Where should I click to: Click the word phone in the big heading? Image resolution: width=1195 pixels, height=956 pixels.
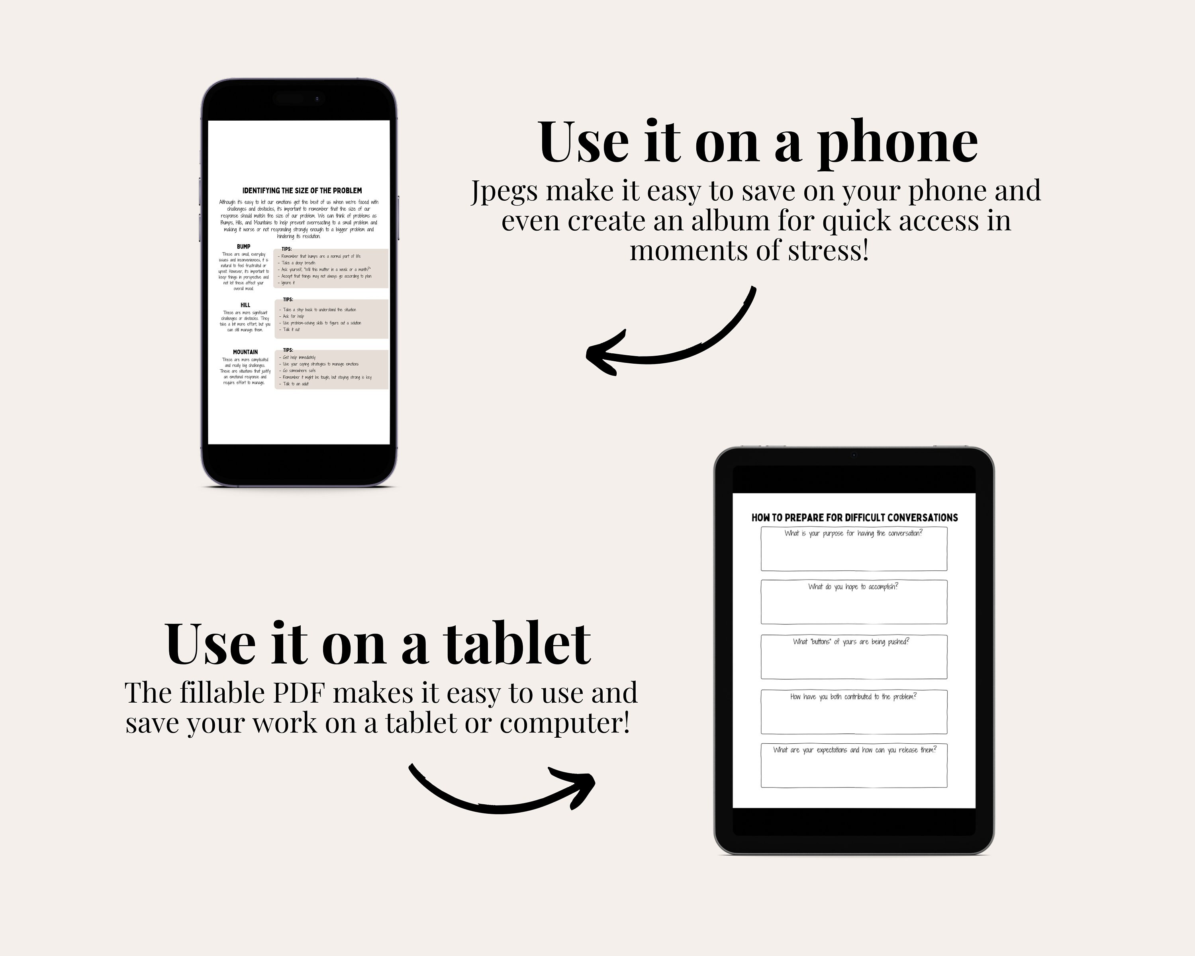(898, 143)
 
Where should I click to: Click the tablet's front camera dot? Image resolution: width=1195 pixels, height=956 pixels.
(854, 455)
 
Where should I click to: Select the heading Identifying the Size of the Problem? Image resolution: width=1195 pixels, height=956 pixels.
(302, 190)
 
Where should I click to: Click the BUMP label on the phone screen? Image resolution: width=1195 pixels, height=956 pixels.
(243, 247)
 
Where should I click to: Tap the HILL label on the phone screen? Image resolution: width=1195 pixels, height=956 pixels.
(245, 305)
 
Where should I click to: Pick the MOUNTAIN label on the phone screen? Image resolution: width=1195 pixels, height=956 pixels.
(245, 352)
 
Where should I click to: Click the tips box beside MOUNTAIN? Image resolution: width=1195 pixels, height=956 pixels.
(331, 370)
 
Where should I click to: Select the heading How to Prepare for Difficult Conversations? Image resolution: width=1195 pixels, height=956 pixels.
(854, 517)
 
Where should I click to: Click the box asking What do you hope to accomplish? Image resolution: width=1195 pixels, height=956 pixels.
(854, 602)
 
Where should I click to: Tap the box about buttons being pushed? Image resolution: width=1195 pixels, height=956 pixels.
(854, 657)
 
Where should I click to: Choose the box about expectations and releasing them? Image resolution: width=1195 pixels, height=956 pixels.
(854, 765)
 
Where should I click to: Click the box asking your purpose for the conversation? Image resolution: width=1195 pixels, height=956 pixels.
(854, 549)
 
